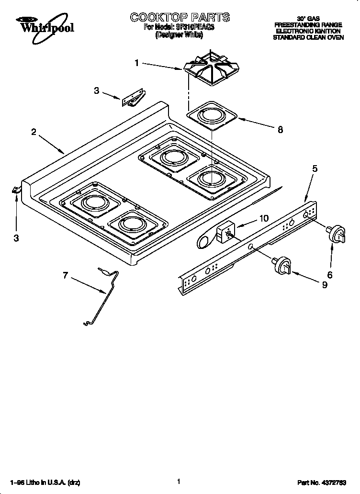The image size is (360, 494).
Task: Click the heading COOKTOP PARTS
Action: pos(180,17)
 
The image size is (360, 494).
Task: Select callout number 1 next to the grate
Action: pos(137,62)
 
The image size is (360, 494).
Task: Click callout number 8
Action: pos(280,129)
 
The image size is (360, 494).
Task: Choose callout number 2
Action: pos(34,132)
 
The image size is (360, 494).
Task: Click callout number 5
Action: pos(315,168)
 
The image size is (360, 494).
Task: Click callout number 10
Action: pos(264,218)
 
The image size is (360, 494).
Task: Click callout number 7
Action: pos(66,275)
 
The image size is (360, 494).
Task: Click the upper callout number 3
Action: pos(97,90)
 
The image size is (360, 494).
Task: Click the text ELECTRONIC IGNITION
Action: pos(308,31)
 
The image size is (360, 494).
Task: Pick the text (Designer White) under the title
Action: pos(180,35)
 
